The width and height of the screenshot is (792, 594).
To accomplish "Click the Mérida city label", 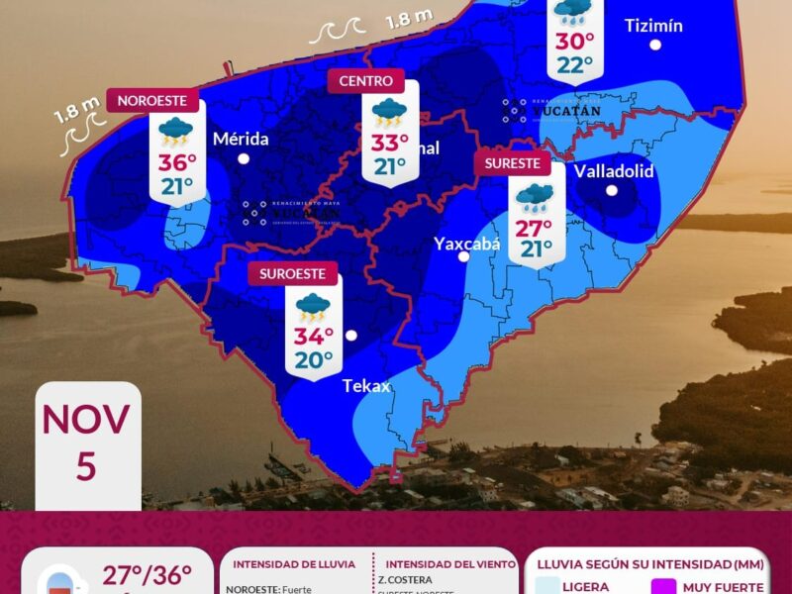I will pos(241,139).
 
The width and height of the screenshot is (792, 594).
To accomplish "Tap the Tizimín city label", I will pos(654,25).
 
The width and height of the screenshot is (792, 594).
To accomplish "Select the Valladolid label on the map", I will pos(614,170).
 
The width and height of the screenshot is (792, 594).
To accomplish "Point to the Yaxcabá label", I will pos(467,243).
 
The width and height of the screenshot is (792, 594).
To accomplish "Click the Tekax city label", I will pos(367,385).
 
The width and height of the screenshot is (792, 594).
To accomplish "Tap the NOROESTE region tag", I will pos(152,100).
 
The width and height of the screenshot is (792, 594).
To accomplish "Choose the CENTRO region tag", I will pos(365,81).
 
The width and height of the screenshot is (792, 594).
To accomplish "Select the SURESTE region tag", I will pos(513,163).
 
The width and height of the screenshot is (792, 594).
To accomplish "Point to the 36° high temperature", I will pos(177,163).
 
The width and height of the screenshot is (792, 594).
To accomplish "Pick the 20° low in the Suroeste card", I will pos(313,360).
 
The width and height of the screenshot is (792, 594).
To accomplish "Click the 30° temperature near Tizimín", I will pos(574,42).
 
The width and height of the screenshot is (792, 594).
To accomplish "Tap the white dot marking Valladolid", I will pos(612,190).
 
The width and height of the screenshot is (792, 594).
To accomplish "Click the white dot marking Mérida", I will pos(244,158).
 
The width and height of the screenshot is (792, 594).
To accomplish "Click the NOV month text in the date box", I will pos(86,420).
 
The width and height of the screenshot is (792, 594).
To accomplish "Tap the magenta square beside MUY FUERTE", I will pos(663,587).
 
